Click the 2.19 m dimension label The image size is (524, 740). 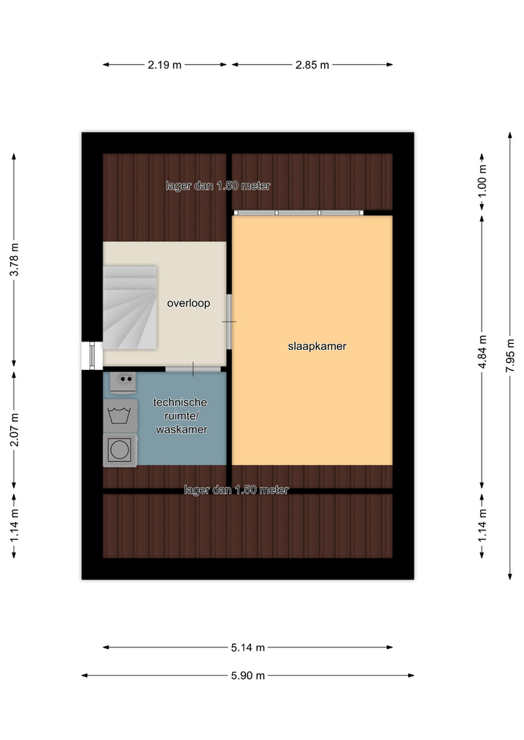coord(164,65)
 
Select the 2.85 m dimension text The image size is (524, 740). coord(312,65)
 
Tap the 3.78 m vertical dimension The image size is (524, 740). coord(14,260)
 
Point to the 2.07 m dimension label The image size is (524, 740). coord(14,429)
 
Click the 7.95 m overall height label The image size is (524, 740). coord(510,355)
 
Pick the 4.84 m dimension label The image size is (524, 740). coord(482,351)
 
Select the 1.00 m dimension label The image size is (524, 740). coord(482,182)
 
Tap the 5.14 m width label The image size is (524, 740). coord(248,647)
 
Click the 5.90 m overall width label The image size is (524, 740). coord(248,675)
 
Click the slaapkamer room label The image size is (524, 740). coord(317,346)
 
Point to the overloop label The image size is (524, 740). coord(188,303)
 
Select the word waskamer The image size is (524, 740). coord(181,429)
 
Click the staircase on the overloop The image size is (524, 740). coord(130,308)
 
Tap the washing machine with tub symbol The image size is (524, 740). coord(120,416)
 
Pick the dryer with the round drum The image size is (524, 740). coord(120,449)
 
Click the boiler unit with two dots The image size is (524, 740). coord(123,382)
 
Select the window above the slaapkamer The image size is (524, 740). coord(299,213)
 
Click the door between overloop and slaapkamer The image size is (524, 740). coord(229,322)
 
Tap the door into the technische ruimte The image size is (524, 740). coord(193,368)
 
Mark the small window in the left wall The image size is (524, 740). coord(92,355)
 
